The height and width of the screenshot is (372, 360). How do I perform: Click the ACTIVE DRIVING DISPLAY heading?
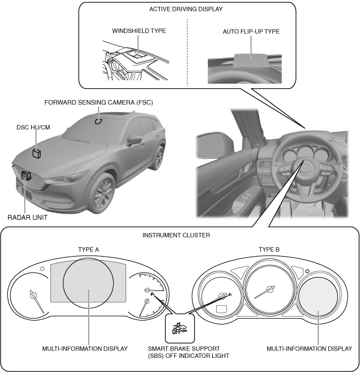[186, 9]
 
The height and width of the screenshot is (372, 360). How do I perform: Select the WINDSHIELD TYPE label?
[138, 31]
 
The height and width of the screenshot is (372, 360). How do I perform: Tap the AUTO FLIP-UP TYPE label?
[251, 32]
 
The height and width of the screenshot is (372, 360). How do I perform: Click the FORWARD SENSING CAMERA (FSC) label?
[98, 102]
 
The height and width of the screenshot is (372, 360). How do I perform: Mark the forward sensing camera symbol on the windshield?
[98, 120]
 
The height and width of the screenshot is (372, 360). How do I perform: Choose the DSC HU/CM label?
[33, 128]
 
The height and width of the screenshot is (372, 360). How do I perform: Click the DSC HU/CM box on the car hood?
[37, 153]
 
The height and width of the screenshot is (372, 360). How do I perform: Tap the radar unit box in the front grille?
[24, 176]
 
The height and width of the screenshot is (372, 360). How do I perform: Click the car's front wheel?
[103, 196]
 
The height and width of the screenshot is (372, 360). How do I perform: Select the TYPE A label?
[89, 249]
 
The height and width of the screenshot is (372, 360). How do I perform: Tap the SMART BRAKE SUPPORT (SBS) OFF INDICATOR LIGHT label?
[179, 352]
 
